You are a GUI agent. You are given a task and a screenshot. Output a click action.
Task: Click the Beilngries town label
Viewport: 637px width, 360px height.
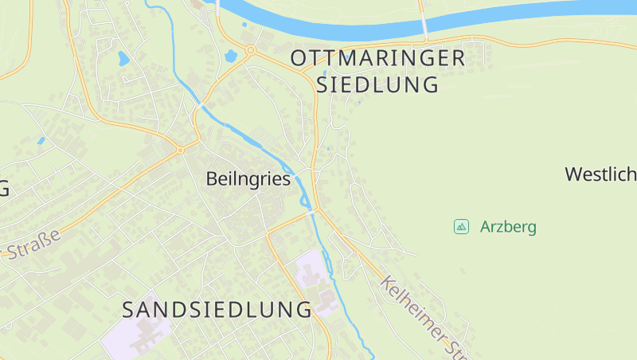point(248,179)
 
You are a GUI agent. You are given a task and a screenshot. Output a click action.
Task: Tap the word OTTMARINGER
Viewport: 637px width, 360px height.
point(377,58)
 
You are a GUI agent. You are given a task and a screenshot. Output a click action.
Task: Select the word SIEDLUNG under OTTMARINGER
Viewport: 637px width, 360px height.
point(377,85)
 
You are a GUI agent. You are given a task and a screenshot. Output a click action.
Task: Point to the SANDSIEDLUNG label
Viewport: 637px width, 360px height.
point(217,309)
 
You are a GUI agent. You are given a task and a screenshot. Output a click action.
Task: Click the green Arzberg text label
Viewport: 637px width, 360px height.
point(508,227)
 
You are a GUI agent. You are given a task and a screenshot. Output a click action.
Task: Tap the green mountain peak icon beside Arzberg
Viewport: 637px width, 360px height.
point(461,227)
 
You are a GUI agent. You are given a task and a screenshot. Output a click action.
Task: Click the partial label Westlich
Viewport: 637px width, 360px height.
point(600,174)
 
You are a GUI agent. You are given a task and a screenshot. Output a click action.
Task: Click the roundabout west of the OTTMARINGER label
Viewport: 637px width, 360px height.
point(250,51)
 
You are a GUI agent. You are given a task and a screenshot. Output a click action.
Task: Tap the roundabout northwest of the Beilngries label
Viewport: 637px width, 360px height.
point(181,150)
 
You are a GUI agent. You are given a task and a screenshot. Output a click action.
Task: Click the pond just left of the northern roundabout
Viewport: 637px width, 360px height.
point(231,56)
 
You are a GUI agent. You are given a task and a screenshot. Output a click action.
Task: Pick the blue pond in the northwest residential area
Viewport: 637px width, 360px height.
point(123,58)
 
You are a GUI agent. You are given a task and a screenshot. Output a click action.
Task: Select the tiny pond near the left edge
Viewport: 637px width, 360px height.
point(41,141)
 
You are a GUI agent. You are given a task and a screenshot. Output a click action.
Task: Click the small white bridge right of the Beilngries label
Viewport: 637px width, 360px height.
point(303,174)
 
